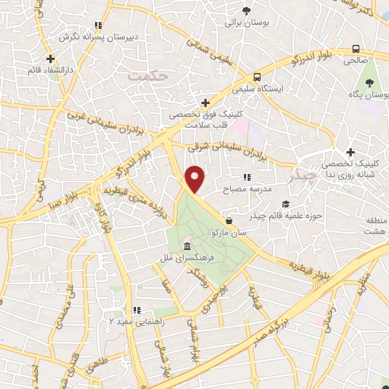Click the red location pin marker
pos(195,179)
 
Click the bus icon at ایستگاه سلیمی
pos(258,77)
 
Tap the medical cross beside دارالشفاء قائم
pos(50,59)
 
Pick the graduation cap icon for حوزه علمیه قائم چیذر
pos(285,204)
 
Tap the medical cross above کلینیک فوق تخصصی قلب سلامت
pos(204,103)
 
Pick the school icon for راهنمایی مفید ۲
pos(137,310)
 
